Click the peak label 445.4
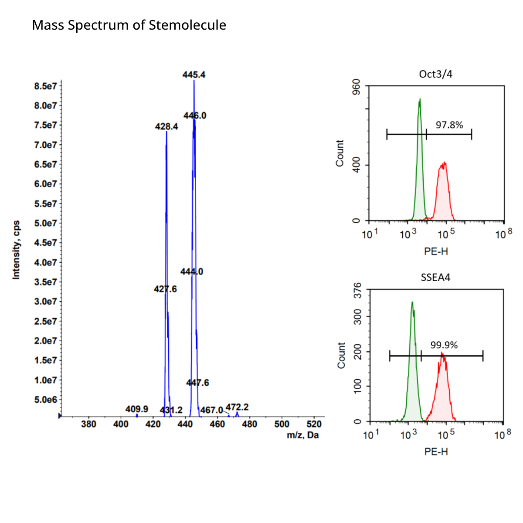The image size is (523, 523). click(194, 75)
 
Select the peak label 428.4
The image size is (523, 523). click(166, 127)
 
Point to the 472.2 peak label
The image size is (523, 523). click(237, 407)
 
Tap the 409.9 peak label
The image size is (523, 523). click(137, 409)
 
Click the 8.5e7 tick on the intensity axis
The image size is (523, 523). click(45, 86)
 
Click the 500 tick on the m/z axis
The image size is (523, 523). click(282, 424)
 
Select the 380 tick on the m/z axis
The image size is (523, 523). click(89, 424)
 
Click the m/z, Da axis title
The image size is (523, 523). click(302, 435)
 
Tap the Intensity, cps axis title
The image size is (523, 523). click(16, 250)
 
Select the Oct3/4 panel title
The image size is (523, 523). click(435, 74)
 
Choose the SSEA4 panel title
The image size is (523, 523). click(435, 277)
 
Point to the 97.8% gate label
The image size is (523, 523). click(449, 125)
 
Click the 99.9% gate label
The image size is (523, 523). click(444, 345)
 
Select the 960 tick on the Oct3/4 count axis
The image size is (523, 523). click(356, 86)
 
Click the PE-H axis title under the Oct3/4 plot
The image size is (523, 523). click(436, 251)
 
